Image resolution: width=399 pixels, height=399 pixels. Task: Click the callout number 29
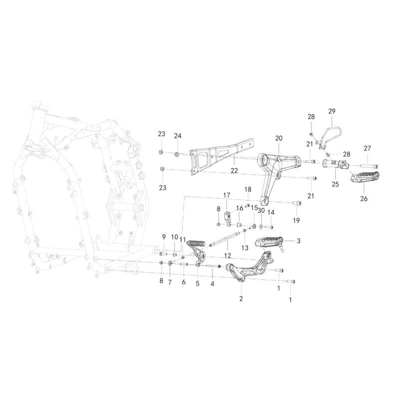332,111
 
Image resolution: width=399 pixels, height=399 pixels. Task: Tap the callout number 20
279,138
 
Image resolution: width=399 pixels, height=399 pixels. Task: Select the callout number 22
234,171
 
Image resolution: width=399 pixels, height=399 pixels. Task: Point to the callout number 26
364,199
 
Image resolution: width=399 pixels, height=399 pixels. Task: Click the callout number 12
227,255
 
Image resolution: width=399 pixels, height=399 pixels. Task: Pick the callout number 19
296,220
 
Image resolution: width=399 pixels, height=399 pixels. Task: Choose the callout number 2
241,298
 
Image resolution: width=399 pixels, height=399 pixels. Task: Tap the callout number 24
178,136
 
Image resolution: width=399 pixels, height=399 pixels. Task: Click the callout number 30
261,210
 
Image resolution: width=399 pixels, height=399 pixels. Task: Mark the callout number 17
227,195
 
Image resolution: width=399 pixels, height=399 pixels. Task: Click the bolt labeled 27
369,167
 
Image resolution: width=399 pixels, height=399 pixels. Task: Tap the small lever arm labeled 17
228,218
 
